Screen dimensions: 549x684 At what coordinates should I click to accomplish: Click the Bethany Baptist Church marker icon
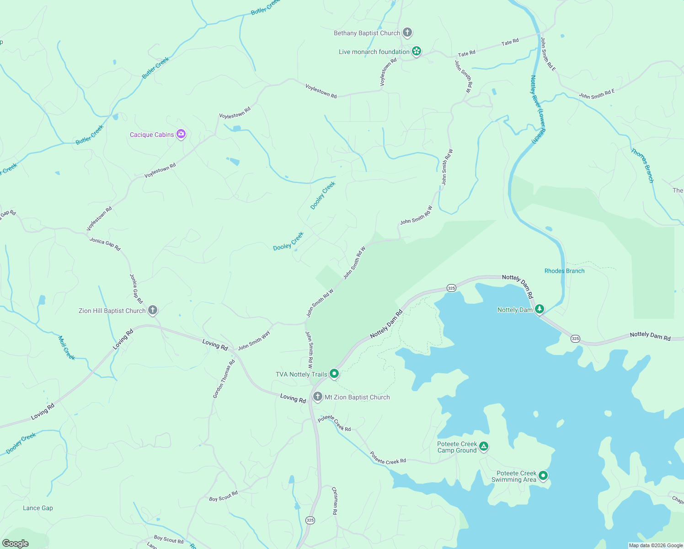tap(407, 33)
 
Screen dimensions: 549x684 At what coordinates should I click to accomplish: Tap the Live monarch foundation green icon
tap(417, 51)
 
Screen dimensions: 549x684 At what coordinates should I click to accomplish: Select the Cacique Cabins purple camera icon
tap(181, 134)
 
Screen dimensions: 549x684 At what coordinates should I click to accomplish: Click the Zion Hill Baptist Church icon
tap(153, 310)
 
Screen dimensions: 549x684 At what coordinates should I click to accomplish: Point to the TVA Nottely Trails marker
tap(334, 374)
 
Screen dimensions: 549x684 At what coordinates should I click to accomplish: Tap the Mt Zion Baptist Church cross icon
tap(317, 397)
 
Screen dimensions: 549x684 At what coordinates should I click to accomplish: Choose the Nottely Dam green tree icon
tap(540, 309)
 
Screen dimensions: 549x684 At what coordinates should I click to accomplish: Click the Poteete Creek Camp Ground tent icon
tap(484, 446)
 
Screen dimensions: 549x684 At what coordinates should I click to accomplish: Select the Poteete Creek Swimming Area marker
tap(543, 476)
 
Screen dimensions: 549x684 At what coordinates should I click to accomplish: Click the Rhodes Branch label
tap(564, 271)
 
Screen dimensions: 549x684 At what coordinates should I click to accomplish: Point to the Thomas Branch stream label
tap(642, 165)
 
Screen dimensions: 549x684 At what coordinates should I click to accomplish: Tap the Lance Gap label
tap(38, 508)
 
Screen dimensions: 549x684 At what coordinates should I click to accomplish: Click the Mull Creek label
tap(66, 348)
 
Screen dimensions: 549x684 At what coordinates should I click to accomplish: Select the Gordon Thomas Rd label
tap(224, 379)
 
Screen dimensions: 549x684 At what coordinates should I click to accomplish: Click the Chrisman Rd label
tap(335, 501)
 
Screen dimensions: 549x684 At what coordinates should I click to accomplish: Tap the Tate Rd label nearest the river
tap(510, 42)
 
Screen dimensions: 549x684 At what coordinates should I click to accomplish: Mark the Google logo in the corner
tap(15, 543)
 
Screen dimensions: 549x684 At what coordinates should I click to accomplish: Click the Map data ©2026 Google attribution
tap(655, 545)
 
